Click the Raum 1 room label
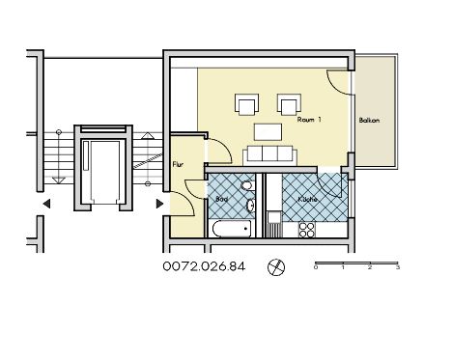click(309, 120)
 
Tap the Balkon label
click(369, 121)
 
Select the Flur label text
click(178, 164)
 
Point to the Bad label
click(222, 199)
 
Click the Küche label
click(307, 199)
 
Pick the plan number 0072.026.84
click(204, 266)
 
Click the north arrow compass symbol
click(276, 267)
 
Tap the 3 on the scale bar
click(398, 267)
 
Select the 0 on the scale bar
click(316, 267)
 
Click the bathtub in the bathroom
click(232, 229)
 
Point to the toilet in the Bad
click(247, 186)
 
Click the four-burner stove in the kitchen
click(307, 230)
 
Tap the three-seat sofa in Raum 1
click(269, 154)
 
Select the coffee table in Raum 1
click(268, 132)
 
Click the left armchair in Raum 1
click(247, 104)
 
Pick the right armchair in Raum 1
click(289, 104)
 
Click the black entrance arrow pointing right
click(159, 204)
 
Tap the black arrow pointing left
click(46, 204)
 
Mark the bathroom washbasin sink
click(250, 206)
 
